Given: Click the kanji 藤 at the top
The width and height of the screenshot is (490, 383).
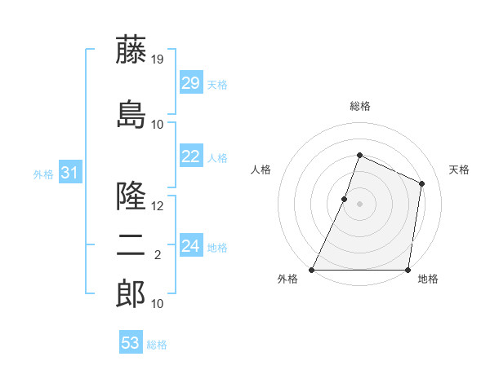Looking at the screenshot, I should (131, 50).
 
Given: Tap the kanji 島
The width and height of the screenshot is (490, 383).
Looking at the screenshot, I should (131, 114).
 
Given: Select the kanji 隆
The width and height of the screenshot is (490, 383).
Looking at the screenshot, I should (131, 196).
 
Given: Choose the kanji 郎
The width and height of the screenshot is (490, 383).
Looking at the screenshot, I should (131, 294).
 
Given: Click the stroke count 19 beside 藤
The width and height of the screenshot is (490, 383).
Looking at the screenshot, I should (158, 59).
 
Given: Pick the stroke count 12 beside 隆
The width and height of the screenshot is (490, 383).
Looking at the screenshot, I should (158, 206).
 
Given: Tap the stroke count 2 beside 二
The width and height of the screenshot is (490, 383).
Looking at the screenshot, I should (158, 255).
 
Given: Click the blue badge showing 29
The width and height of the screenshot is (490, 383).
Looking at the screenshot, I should (191, 84).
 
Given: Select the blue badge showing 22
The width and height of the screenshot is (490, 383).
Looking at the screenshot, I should (191, 157).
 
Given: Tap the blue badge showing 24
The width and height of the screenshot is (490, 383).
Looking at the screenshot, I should (191, 246).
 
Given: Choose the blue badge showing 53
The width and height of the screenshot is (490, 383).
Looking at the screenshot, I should (131, 343).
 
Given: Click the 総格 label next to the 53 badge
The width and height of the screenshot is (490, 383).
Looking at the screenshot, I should (157, 345).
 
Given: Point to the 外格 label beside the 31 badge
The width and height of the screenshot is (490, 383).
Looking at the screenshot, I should (43, 174).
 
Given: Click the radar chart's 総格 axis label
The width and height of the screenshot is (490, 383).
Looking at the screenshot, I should (359, 106).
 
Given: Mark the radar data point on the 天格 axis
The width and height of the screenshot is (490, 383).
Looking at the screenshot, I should (422, 183).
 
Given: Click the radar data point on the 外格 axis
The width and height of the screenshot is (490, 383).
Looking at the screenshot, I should (312, 270).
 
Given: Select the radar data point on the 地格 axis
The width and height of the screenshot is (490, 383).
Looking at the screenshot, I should (408, 270).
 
